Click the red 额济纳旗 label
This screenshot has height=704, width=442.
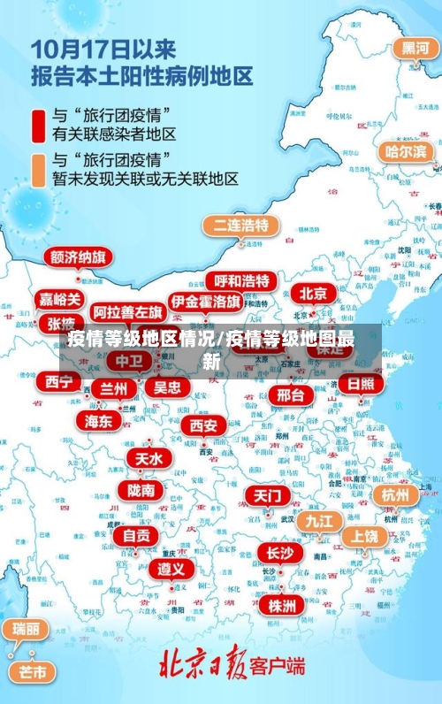click(78, 257)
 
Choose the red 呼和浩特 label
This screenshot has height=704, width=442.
click(241, 281)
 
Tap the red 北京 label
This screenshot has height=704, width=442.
click(313, 293)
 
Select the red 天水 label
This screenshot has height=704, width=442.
click(149, 458)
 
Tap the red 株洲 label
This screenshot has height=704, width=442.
click(283, 605)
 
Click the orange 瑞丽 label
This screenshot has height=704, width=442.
click(25, 629)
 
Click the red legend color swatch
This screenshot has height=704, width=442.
click(40, 124)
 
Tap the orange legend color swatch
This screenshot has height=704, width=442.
click(40, 168)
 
